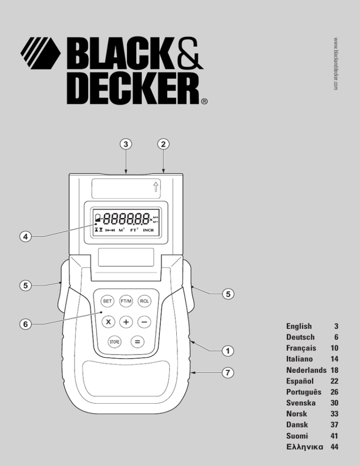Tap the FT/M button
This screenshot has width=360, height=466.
(x=126, y=301)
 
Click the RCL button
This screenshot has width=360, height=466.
(x=144, y=301)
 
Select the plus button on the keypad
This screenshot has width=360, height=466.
(x=126, y=322)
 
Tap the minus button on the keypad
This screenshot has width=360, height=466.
(x=144, y=322)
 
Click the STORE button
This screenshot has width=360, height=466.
(x=114, y=342)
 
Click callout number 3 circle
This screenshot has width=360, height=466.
(x=126, y=144)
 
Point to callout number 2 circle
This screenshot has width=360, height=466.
(x=163, y=144)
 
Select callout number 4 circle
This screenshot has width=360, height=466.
(x=26, y=237)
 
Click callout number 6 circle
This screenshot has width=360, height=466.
(x=26, y=323)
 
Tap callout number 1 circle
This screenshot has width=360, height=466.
(x=228, y=351)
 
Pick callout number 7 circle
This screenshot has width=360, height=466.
(x=228, y=373)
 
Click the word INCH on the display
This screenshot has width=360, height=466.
(x=148, y=230)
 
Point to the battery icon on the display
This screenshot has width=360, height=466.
(x=98, y=219)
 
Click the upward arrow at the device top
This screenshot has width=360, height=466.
(x=156, y=187)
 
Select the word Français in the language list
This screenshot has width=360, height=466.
(x=301, y=348)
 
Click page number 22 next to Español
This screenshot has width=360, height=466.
(x=334, y=381)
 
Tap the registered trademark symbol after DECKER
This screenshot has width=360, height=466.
(x=204, y=101)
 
